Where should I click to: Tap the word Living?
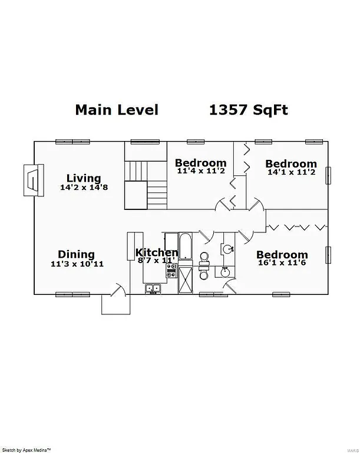(83, 178)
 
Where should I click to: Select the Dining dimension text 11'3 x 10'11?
(77, 264)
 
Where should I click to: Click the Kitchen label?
(157, 252)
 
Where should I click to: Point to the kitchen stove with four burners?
(171, 271)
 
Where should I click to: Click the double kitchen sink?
(154, 288)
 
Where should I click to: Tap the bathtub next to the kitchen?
(184, 246)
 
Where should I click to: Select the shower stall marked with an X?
(185, 280)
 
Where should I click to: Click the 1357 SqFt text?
(249, 110)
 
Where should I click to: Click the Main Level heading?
(117, 110)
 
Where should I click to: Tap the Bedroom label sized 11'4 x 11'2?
(200, 163)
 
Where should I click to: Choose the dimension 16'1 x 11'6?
(282, 264)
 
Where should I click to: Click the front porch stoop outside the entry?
(115, 304)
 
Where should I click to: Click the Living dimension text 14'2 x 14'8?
(83, 187)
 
